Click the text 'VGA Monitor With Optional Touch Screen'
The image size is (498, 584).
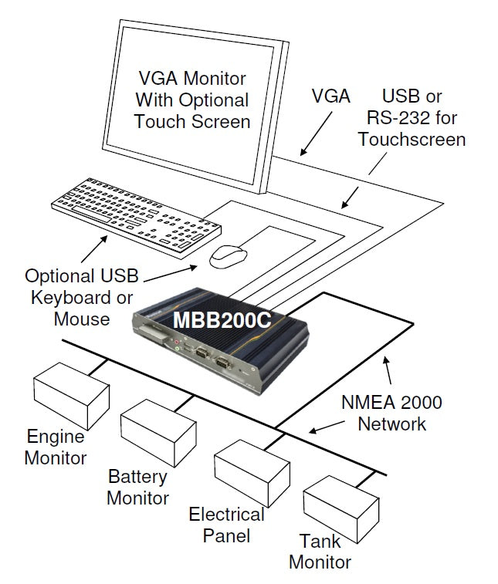[x=192, y=100]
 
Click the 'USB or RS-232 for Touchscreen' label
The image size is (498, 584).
[x=412, y=118]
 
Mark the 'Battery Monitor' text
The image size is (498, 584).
[x=137, y=487]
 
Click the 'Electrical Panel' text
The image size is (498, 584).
[x=226, y=525]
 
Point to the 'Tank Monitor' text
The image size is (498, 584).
[x=320, y=551]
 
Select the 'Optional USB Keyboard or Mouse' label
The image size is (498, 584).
[x=79, y=297]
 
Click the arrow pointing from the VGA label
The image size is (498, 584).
[x=316, y=131]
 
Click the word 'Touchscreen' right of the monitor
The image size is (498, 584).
[x=412, y=140]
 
